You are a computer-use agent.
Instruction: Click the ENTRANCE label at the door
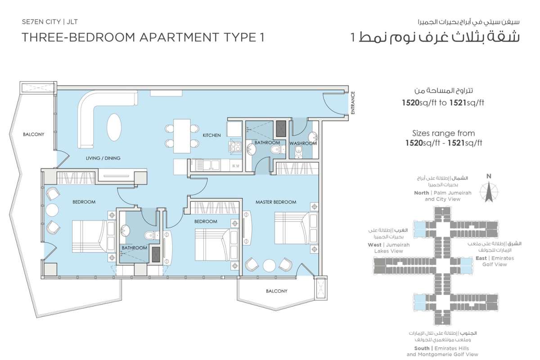click(353, 103)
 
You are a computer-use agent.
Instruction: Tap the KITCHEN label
click(211, 135)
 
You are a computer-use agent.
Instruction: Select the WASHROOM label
click(303, 144)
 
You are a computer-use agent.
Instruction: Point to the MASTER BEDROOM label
click(276, 202)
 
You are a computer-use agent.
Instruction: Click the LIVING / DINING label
click(103, 158)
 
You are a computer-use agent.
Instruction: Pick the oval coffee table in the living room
click(114, 127)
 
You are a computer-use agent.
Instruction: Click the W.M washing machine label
click(235, 166)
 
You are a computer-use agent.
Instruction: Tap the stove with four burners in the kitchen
click(235, 146)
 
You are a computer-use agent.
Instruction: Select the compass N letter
click(489, 176)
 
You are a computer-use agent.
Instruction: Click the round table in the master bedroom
click(269, 265)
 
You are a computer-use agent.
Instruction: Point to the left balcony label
click(34, 134)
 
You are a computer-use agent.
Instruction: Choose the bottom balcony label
click(277, 291)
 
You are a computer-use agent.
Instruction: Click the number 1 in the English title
click(262, 37)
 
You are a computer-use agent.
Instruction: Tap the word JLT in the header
click(72, 22)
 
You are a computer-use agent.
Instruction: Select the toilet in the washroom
click(298, 152)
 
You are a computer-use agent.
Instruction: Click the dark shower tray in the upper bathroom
click(281, 129)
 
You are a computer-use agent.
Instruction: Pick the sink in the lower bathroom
click(125, 231)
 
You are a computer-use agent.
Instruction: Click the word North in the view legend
click(422, 193)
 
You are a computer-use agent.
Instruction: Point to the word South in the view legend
click(422, 348)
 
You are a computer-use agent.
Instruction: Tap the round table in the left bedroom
click(52, 210)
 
